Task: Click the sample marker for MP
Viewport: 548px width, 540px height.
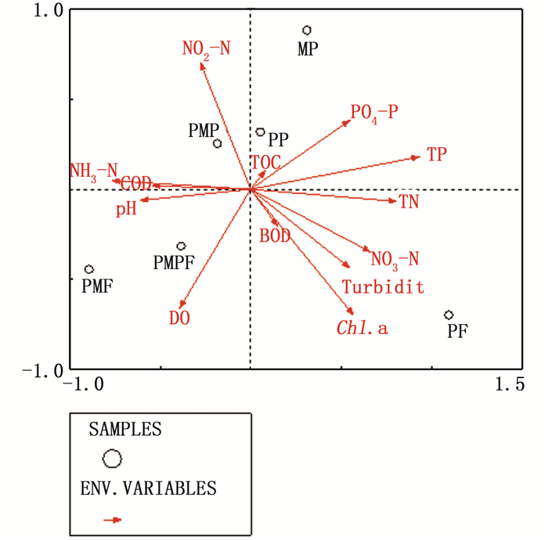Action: [x=308, y=31]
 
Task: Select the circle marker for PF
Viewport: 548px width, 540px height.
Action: [x=449, y=315]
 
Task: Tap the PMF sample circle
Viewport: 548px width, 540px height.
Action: [x=89, y=269]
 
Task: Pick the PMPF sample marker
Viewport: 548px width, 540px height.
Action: [x=181, y=246]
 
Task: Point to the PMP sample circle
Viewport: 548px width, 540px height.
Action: [x=218, y=143]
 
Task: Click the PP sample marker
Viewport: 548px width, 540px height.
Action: [x=261, y=132]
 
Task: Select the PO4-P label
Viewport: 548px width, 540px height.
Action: [x=374, y=113]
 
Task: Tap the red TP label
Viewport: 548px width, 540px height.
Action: [x=437, y=154]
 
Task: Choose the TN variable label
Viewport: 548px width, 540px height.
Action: [x=409, y=203]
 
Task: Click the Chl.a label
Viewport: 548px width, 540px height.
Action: [x=362, y=329]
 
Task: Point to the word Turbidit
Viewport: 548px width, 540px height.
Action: [x=383, y=288]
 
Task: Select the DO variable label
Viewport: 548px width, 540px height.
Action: [x=180, y=319]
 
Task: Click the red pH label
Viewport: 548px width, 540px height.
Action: [x=126, y=210]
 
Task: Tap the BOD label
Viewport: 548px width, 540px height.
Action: [x=275, y=235]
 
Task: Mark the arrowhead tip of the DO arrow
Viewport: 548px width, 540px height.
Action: [x=180, y=308]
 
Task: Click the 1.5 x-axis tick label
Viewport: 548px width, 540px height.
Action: [x=509, y=384]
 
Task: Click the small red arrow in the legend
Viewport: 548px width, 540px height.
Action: [x=114, y=519]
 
